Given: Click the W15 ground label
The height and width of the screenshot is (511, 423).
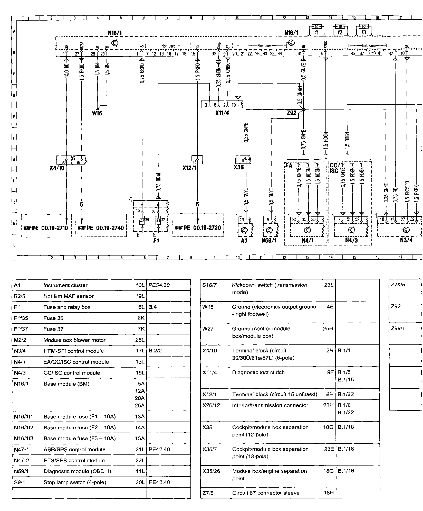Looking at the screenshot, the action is (x=97, y=113).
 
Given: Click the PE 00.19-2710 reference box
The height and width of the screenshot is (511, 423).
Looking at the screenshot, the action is (x=46, y=228).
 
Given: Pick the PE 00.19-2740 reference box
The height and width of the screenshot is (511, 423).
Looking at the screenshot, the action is (x=101, y=228).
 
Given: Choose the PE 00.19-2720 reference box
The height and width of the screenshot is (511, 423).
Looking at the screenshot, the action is (x=198, y=228).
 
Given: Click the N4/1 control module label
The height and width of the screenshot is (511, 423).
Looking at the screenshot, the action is (x=307, y=240).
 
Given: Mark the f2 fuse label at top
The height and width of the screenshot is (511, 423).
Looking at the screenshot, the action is (x=340, y=32).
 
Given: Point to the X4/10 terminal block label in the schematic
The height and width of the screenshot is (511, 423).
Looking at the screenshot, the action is (x=57, y=168).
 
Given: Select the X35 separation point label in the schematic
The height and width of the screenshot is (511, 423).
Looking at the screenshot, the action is (x=239, y=167).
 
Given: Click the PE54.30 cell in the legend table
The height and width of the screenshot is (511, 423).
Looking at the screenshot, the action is (x=159, y=285).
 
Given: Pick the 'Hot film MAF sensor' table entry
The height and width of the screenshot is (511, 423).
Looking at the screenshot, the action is (x=69, y=296).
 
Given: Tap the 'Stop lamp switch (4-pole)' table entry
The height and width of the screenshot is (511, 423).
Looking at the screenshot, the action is (x=75, y=482).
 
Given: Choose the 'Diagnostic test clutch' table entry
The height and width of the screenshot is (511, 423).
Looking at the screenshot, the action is (x=258, y=372).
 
